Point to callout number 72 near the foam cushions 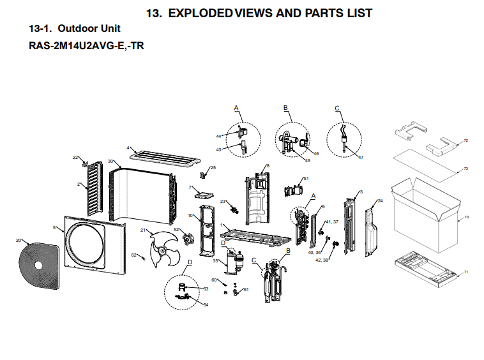coord(465,140)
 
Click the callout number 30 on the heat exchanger coord(110,161)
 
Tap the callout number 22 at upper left coord(75,157)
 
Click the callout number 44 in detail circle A coord(218,137)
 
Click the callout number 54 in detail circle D coord(206,304)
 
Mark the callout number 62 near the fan coord(133,255)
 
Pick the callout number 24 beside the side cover coord(381,201)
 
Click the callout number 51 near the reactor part coord(306,178)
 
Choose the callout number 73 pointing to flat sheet coord(465,169)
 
